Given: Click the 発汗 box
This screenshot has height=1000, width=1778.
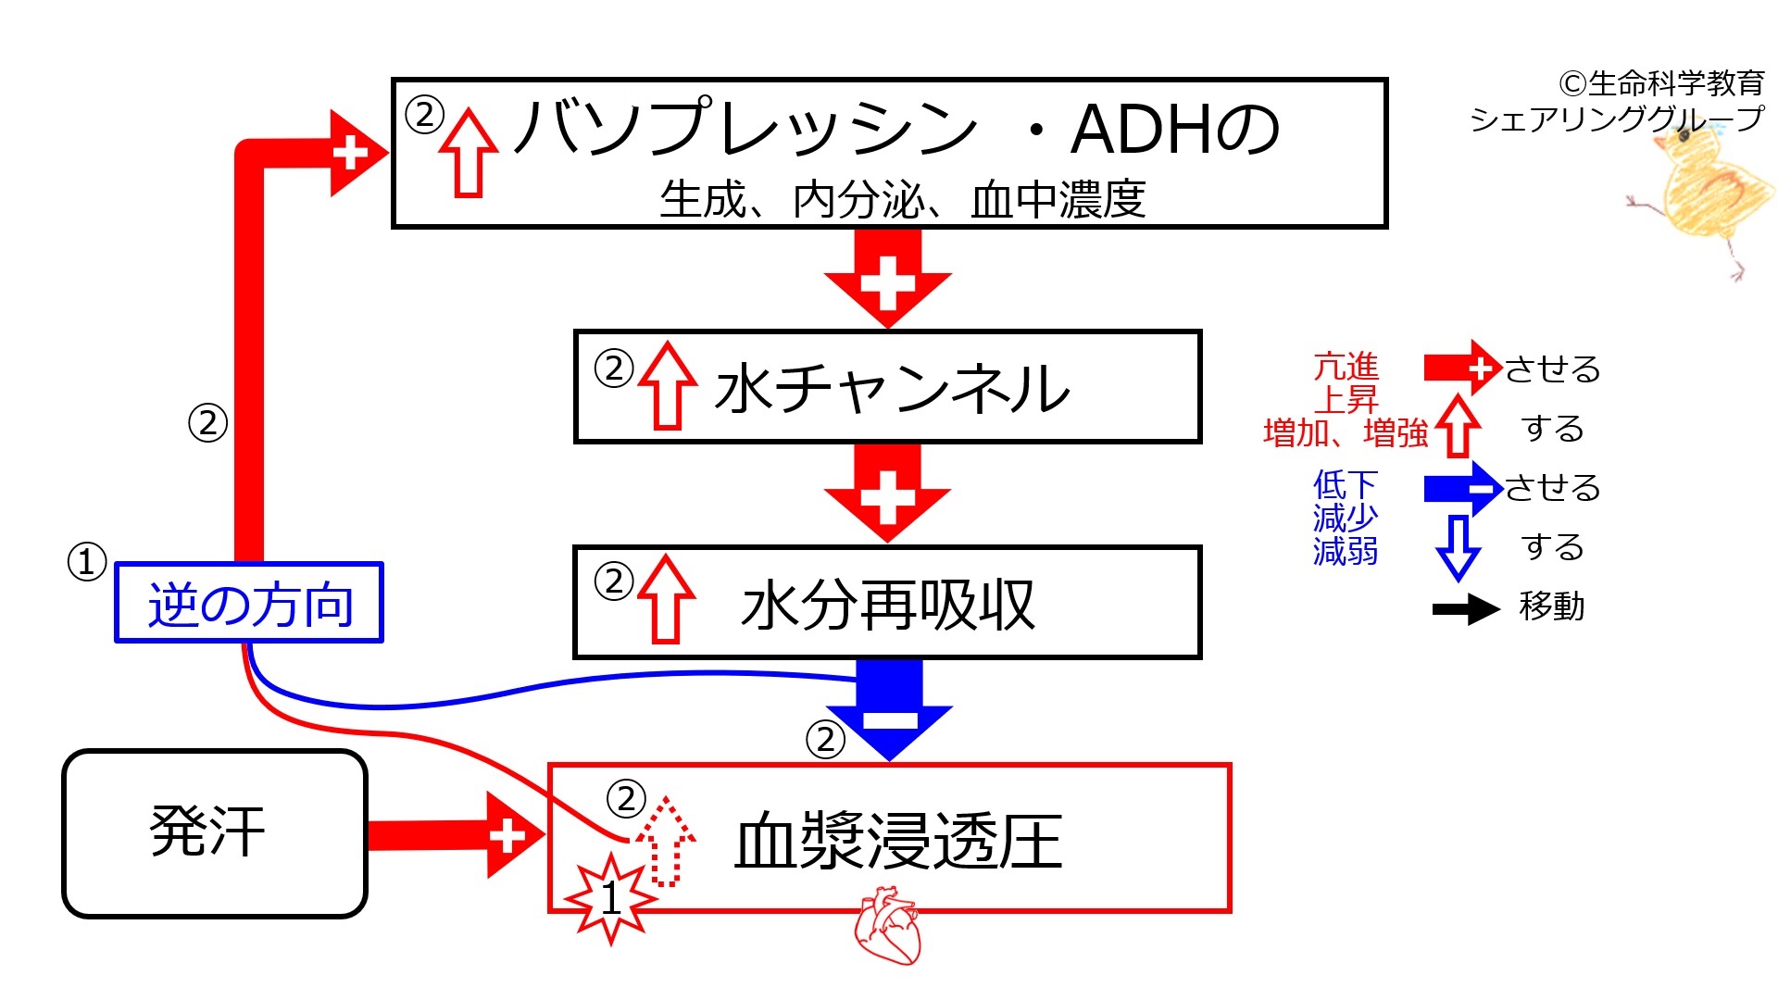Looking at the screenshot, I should point(214,833).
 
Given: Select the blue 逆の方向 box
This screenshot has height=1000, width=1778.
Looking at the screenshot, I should point(249,603).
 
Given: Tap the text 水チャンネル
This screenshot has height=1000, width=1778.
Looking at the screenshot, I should point(893,389).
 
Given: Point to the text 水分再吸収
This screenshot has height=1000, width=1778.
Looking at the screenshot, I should point(887,606).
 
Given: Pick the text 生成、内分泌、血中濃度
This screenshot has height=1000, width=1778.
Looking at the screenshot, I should point(902,199).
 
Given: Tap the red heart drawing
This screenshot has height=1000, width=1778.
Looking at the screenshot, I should point(887,926).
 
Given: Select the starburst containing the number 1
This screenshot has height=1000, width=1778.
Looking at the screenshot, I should point(610,899).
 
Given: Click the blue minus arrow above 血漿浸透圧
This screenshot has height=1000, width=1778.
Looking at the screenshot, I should point(889,709).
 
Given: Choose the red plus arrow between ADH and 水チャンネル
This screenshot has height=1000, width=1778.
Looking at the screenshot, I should point(887,278).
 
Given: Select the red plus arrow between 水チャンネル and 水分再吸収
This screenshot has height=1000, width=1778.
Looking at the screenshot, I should point(887,494).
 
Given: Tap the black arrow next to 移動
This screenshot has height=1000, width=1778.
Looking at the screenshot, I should point(1465,608).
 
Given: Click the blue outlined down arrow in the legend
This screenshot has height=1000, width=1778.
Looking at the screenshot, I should point(1458,547).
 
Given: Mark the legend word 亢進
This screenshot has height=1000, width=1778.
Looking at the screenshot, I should point(1346,367).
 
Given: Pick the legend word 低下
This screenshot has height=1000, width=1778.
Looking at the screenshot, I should point(1345,484).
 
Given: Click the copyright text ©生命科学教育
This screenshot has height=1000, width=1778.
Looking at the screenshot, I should point(1661,84).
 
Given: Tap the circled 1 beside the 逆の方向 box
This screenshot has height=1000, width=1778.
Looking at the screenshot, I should point(87,562).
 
